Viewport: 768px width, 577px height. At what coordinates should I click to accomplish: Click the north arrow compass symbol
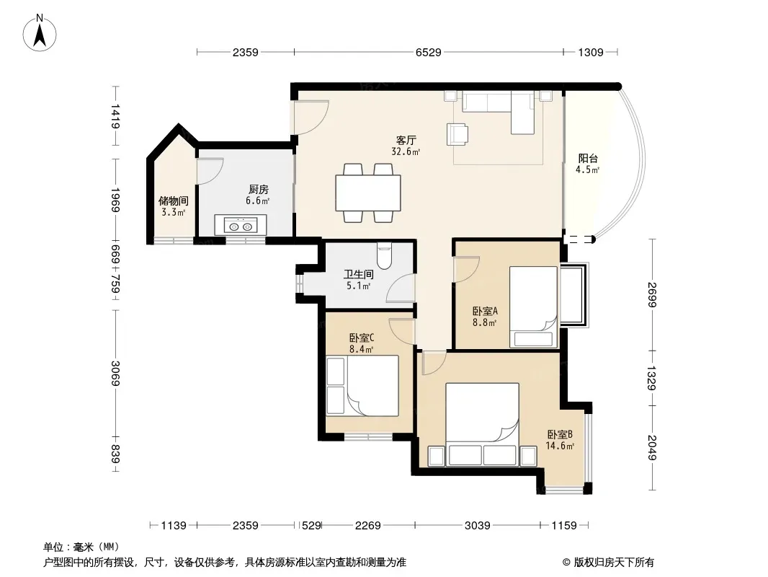(40, 32)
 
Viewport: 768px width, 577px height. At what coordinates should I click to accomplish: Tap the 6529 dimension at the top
(428, 52)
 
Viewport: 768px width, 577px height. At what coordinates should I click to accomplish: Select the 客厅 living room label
(406, 141)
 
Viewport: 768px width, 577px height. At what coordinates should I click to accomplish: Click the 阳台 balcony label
(588, 159)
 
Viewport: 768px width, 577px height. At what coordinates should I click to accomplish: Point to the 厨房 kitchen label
(258, 189)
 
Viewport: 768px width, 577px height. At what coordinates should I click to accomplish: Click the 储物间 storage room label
(174, 201)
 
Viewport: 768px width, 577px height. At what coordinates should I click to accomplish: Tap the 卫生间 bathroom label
(359, 275)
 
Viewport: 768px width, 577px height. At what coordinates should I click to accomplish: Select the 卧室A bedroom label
(485, 311)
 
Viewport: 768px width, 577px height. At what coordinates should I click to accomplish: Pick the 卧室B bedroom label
(560, 434)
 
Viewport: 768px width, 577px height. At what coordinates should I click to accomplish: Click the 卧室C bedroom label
(362, 338)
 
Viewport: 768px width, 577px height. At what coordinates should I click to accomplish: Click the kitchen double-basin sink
(241, 226)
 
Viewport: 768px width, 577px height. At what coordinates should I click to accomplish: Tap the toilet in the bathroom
(385, 256)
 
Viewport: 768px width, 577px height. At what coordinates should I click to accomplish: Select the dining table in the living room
(368, 193)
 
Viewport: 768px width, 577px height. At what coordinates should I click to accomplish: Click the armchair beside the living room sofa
(457, 134)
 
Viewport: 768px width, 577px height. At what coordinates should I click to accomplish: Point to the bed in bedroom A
(533, 307)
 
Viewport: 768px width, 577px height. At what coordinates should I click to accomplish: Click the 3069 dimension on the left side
(115, 374)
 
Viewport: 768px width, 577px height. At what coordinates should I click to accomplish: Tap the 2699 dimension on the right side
(651, 294)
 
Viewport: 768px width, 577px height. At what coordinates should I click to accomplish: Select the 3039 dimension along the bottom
(477, 526)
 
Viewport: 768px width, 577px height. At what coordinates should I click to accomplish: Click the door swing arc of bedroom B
(435, 365)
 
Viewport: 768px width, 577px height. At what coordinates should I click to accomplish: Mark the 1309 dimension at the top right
(590, 52)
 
